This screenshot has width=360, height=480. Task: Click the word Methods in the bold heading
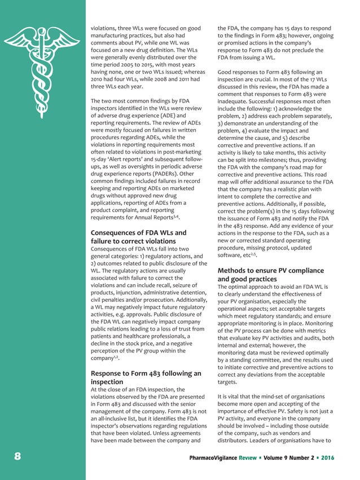pos(235,270)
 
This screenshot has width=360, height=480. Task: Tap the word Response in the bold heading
pos(111,373)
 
